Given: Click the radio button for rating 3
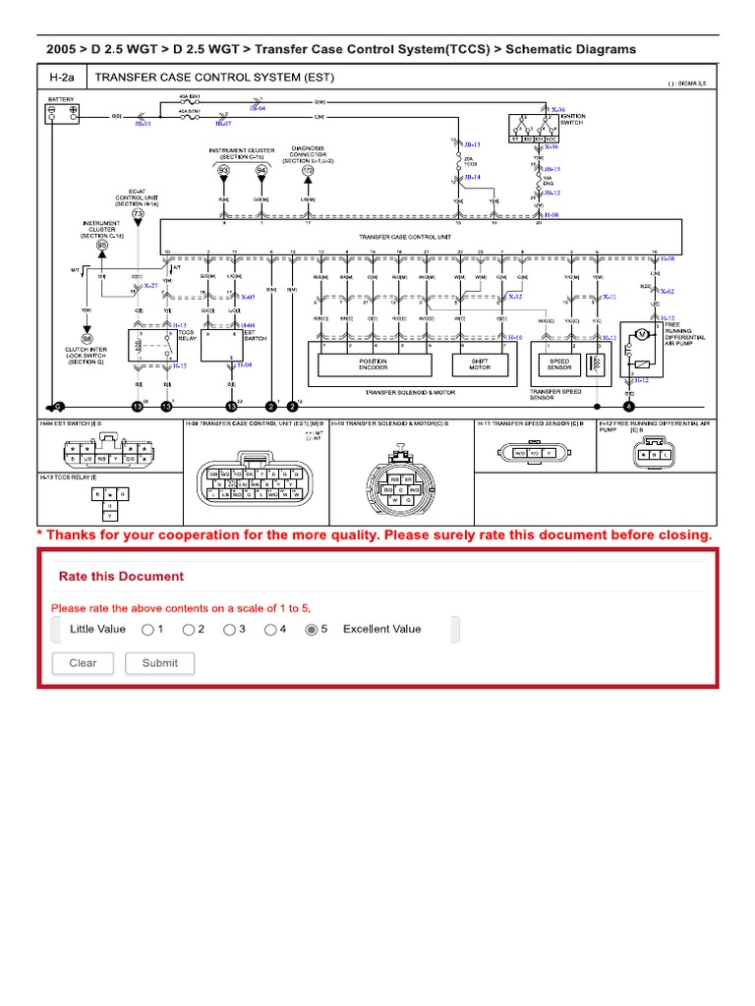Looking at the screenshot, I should (229, 630).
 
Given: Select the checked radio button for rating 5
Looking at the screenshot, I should (312, 630).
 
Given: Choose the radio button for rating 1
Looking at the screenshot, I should (146, 630).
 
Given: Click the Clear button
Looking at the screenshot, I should (83, 663).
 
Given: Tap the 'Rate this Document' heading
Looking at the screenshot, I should (121, 577).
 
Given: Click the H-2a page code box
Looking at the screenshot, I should (62, 78).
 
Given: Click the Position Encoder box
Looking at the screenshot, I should (373, 363).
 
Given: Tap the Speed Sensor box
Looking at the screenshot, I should (559, 363).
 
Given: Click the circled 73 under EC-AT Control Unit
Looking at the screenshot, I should (138, 213).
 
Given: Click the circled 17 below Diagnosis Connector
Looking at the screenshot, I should (308, 170).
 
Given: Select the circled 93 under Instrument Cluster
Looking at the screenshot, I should (223, 170).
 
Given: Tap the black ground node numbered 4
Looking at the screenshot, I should (629, 406).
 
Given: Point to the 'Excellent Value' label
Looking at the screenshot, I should (381, 630).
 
